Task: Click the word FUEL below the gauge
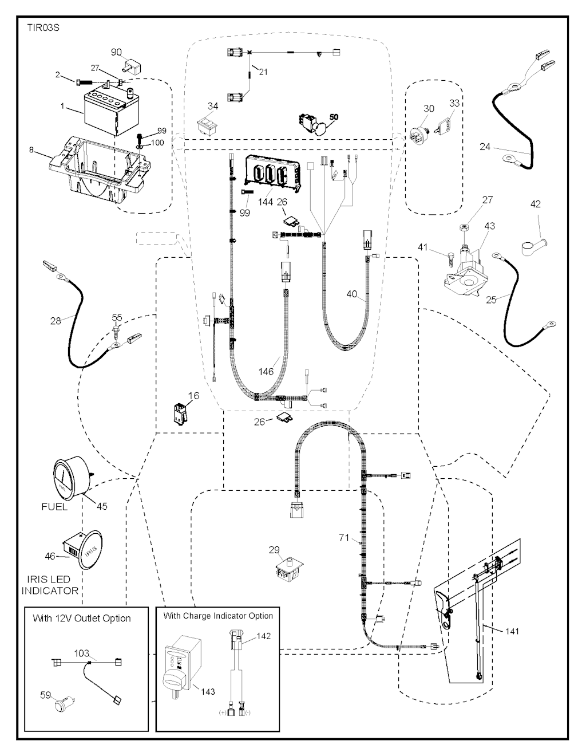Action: [54, 507]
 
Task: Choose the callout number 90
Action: [116, 52]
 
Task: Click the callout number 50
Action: [334, 117]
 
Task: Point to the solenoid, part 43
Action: [465, 269]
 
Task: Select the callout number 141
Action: [512, 631]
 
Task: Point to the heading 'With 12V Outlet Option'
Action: [81, 619]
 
